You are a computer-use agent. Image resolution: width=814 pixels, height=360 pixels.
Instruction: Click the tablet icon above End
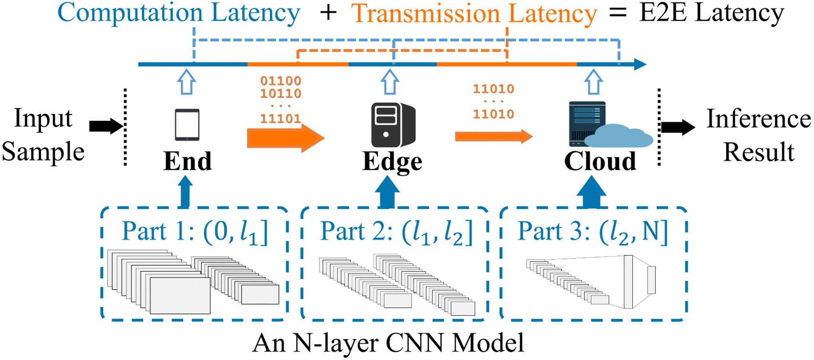[x=187, y=124]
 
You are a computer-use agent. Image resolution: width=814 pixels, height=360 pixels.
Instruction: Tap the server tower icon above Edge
[x=393, y=125]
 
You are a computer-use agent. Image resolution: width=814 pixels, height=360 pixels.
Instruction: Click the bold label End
[x=187, y=161]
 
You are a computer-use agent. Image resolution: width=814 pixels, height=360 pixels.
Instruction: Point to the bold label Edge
[x=392, y=162]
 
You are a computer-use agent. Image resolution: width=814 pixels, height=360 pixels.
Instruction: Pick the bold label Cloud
[x=600, y=161]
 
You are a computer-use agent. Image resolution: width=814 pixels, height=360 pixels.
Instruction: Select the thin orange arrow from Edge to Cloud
[x=493, y=137]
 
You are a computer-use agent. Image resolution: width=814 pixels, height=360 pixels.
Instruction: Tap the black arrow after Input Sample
[x=105, y=126]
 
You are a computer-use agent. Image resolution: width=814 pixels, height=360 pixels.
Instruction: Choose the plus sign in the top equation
[x=328, y=13]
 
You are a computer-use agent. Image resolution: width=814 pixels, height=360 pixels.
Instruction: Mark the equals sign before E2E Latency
[x=618, y=13]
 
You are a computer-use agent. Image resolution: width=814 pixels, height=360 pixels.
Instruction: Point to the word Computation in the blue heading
[x=130, y=13]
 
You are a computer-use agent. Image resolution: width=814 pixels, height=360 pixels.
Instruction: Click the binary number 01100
[x=281, y=81]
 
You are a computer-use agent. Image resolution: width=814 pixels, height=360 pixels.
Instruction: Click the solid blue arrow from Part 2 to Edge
[x=387, y=192]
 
